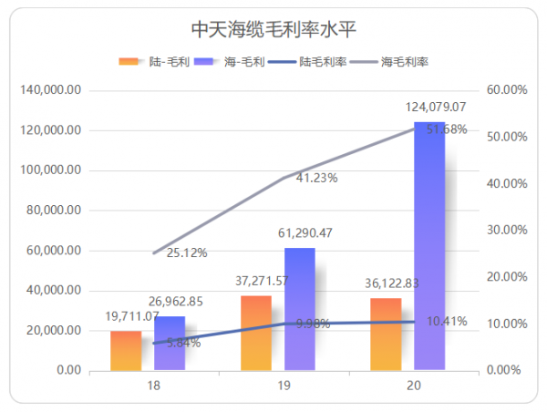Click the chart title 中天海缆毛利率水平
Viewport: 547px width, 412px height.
273,29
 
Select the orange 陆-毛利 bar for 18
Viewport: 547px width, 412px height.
126,351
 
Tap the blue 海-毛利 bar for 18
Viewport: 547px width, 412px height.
170,345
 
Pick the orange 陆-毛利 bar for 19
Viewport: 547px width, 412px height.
256,334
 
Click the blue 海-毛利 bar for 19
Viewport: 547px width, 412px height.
299,310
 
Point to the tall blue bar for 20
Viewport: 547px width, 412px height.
429,246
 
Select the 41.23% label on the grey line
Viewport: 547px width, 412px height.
316,178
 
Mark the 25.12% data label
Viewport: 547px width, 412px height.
187,252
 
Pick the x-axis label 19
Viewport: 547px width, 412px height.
284,386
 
